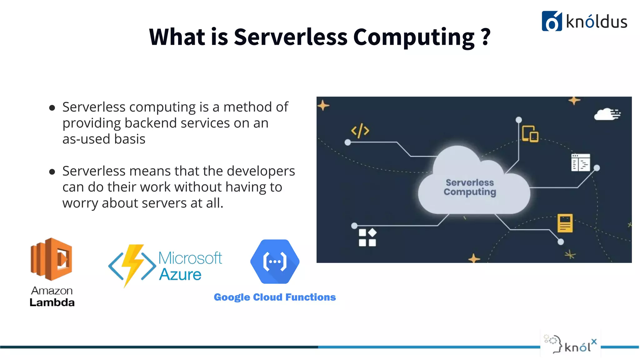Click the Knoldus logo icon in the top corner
pos(552,21)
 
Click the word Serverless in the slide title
pos(290,37)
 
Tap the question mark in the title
pos(485,37)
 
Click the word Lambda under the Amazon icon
pos(52,302)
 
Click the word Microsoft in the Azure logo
pos(190,258)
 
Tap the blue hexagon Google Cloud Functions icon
pos(275,262)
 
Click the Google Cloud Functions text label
pos(275,297)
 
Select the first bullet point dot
pos(52,108)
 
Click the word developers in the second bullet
pos(261,171)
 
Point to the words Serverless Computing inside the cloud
pos(470,187)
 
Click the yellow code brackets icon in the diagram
pos(360,131)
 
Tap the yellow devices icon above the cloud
pos(530,134)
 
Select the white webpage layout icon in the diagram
pos(580,162)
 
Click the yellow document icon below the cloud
pos(565,223)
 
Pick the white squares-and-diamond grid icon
pos(367,237)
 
